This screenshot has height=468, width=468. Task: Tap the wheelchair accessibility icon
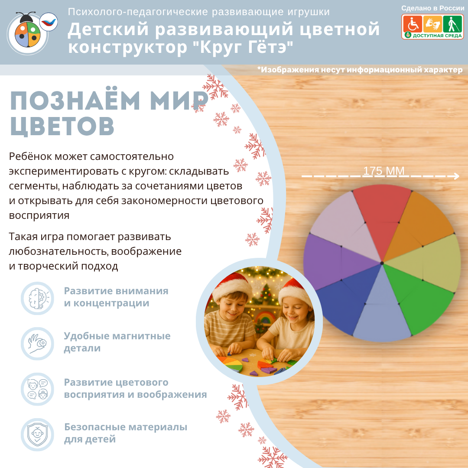click(413, 24)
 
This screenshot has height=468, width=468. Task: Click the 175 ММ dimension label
click(383, 171)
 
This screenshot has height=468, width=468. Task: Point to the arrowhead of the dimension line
click(457, 176)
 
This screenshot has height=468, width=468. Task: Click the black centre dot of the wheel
click(382, 263)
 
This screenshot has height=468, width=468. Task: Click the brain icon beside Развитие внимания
click(37, 298)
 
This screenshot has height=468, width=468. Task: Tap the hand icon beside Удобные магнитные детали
click(37, 344)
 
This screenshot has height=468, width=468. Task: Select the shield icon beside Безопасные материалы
click(37, 435)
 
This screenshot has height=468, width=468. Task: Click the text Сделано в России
click(432, 8)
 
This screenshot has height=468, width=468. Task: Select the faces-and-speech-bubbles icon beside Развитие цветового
click(37, 389)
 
